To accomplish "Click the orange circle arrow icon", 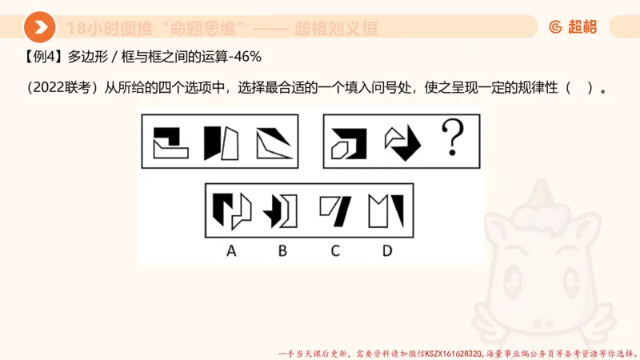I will point(39,28).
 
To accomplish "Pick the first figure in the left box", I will point(172,142).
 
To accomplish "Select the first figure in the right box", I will point(350,142).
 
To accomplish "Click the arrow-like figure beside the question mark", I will point(403,142).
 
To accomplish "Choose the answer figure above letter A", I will point(231,210).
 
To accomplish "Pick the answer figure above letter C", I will point(335,210).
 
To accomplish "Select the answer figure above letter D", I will point(387,210).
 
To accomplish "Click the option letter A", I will point(231,250).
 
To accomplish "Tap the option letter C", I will point(335,250).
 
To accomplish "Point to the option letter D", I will point(387,250).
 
